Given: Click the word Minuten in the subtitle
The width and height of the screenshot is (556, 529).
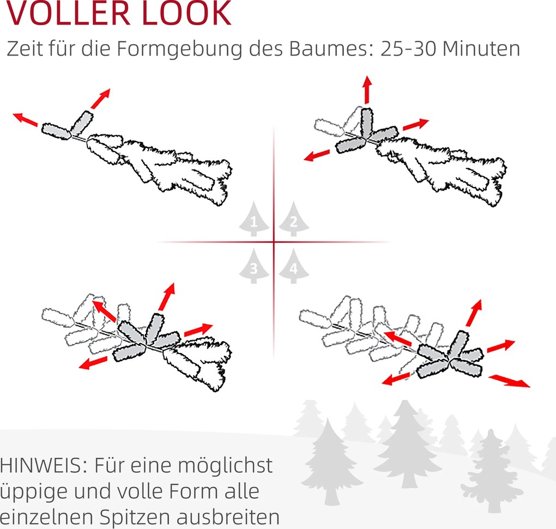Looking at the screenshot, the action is (x=481, y=48).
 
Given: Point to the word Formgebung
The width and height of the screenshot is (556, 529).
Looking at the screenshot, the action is (x=179, y=49).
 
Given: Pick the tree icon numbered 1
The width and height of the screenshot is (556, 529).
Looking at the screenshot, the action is (x=253, y=218).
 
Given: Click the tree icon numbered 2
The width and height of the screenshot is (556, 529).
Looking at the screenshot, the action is (x=294, y=218).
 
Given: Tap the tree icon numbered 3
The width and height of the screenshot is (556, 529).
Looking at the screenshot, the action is (x=253, y=266).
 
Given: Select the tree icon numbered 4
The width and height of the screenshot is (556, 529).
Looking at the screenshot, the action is (x=294, y=266).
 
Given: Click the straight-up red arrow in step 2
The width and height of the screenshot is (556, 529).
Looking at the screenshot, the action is (x=367, y=90).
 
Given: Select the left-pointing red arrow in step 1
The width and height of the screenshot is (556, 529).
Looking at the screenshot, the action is (x=25, y=120).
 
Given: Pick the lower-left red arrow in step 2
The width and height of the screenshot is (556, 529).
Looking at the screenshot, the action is (x=317, y=155).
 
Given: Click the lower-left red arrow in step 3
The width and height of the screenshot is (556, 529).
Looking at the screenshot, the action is (x=93, y=363).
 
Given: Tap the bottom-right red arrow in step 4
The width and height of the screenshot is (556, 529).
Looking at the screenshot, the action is (x=509, y=381).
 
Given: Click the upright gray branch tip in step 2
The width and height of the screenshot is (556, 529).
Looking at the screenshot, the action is (x=367, y=123).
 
